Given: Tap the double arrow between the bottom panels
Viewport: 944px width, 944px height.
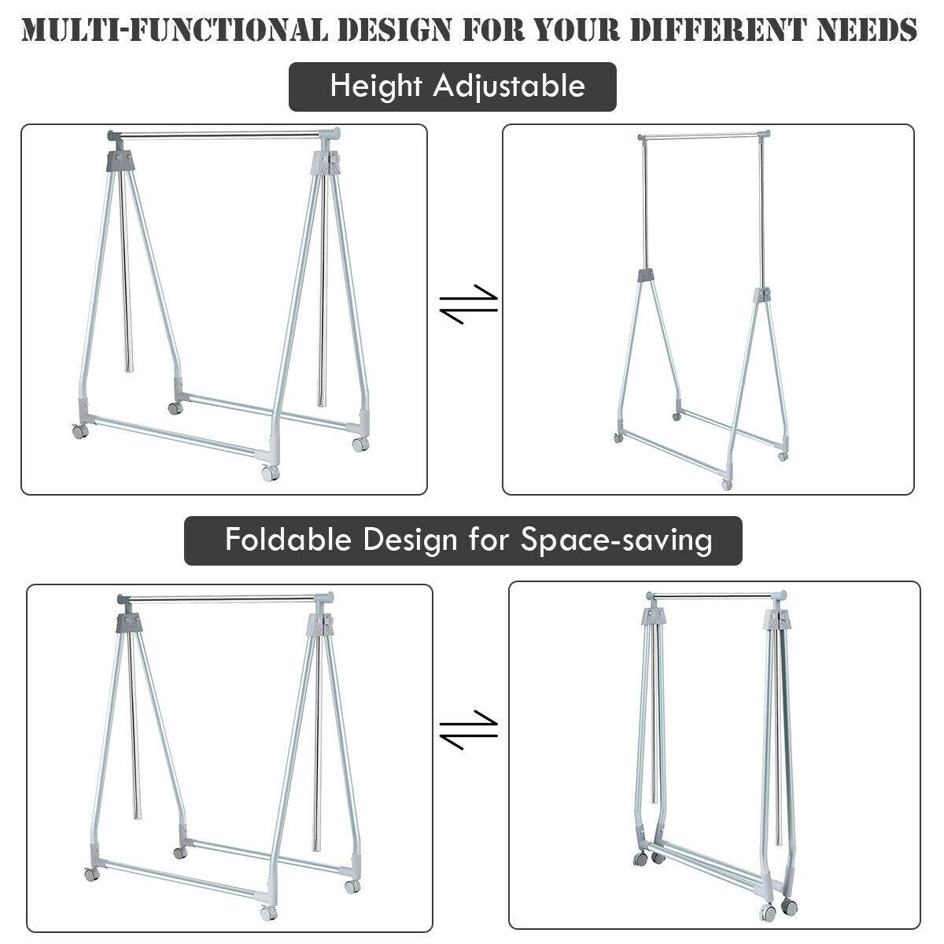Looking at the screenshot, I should click(469, 730).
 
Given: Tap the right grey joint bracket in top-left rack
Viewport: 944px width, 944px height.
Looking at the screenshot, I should click(327, 166).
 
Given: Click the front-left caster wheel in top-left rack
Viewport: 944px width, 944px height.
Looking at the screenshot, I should click(79, 432).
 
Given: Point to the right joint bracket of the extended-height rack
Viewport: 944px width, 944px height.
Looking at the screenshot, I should click(761, 297).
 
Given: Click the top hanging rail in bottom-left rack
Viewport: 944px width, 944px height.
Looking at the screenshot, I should click(224, 599).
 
